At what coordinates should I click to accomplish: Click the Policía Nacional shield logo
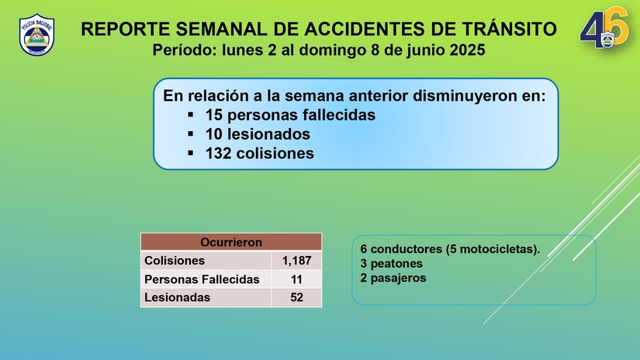[x=36, y=35]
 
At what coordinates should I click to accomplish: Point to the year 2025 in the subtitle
[x=467, y=50]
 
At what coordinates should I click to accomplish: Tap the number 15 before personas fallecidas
[x=214, y=115]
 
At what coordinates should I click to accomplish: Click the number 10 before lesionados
[x=214, y=134]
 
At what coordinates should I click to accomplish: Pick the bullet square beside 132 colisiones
[x=191, y=154]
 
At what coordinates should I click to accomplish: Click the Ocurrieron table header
[x=231, y=242]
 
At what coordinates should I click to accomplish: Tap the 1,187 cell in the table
[x=296, y=261]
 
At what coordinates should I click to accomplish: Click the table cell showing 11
[x=296, y=279]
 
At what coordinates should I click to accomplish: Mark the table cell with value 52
[x=296, y=296]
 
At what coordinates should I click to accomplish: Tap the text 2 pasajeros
[x=393, y=278]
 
